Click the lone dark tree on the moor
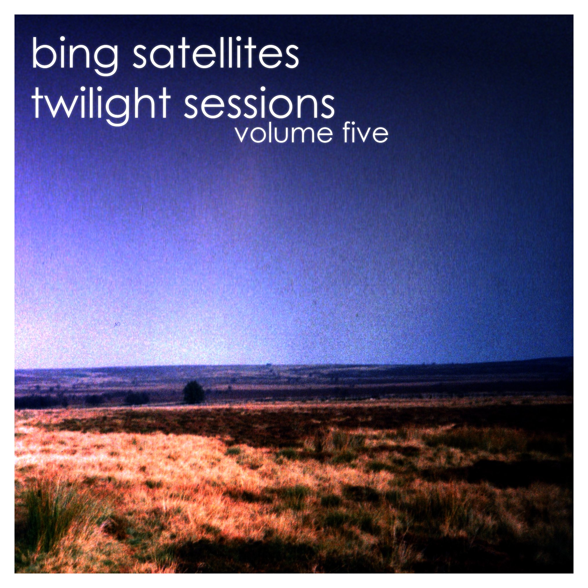194,392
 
